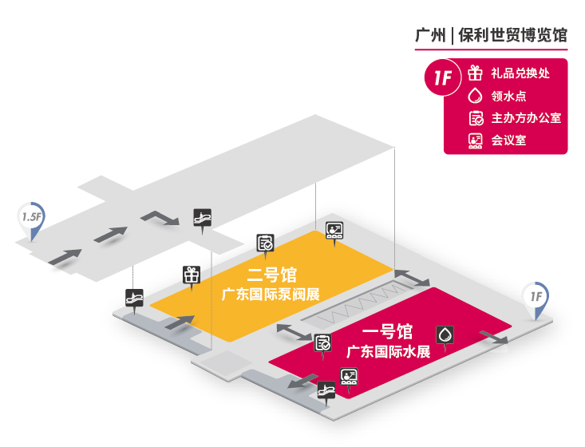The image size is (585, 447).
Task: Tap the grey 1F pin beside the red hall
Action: [535, 297]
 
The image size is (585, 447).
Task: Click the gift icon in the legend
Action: [476, 73]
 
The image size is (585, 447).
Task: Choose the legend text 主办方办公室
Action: [526, 118]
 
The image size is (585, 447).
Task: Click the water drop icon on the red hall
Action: [443, 334]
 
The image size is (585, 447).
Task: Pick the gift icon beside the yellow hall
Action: [191, 274]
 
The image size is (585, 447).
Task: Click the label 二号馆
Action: [271, 276]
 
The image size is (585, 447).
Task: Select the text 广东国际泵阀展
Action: [271, 295]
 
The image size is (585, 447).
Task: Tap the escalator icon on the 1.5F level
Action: [203, 216]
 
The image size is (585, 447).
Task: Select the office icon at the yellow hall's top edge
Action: [265, 243]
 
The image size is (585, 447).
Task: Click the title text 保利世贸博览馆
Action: [512, 36]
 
